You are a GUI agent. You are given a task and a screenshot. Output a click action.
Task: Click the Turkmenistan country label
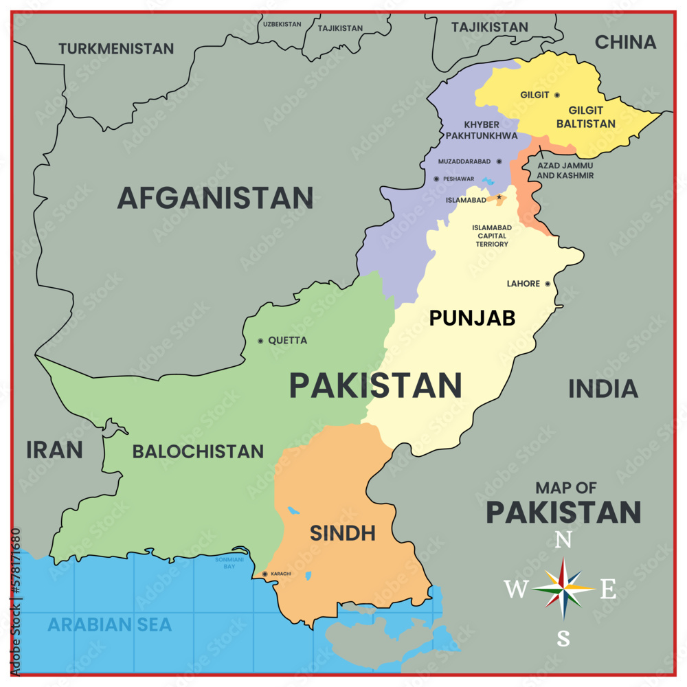(x=115, y=49)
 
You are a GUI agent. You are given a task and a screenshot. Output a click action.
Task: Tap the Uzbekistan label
(x=282, y=24)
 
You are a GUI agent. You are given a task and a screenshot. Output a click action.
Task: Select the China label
(x=625, y=42)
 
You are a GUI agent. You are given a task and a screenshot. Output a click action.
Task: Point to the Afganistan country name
(x=215, y=198)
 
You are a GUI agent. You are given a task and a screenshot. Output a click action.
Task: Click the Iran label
(x=54, y=450)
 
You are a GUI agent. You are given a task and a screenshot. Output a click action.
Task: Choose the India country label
(x=602, y=389)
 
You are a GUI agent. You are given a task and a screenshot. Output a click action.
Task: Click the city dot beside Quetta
(x=260, y=341)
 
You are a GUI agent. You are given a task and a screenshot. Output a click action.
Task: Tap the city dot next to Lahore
(x=548, y=284)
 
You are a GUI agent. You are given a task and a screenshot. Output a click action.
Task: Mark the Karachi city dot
(x=265, y=574)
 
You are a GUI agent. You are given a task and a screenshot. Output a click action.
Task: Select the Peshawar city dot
(x=436, y=179)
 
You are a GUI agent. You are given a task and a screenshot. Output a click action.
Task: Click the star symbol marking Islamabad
(x=499, y=198)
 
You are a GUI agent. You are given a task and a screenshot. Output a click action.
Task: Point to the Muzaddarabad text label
(x=465, y=161)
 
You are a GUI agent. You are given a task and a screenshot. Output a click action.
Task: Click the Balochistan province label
(x=198, y=451)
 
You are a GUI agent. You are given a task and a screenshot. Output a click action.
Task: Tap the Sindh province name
(x=342, y=532)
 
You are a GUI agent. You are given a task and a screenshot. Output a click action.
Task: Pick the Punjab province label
(x=472, y=318)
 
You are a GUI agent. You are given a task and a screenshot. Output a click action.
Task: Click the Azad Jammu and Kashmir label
(x=565, y=170)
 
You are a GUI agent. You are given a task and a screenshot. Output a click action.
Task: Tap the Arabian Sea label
(x=109, y=624)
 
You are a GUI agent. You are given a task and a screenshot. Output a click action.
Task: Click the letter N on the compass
(x=563, y=541)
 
